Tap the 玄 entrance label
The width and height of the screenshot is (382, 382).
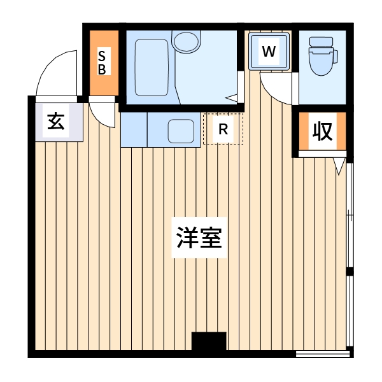coord(56,121)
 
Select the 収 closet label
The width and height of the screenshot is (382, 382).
coord(322,131)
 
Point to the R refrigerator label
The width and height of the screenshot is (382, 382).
coord(223,129)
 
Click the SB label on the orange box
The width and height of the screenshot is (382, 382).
coord(102,62)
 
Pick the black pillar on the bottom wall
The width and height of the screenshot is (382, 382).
coord(209,341)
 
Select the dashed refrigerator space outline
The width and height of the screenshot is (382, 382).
coord(223,144)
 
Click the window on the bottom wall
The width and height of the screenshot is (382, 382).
coord(323,353)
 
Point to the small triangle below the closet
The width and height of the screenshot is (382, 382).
coord(340,166)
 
